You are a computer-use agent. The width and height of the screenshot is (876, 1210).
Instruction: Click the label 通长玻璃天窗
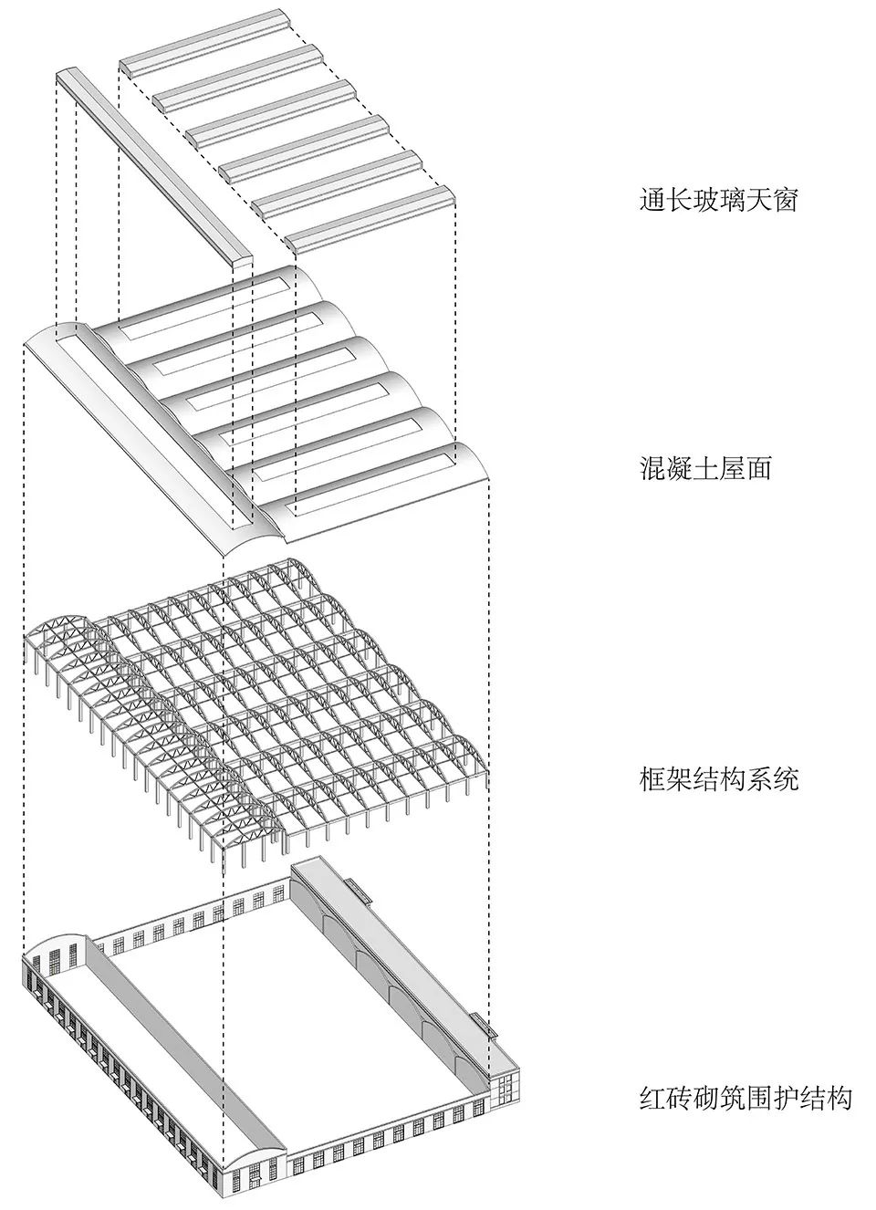pos(718,199)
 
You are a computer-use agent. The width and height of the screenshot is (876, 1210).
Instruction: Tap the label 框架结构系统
pos(718,779)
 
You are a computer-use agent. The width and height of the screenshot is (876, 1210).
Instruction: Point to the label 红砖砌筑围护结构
pos(745,1097)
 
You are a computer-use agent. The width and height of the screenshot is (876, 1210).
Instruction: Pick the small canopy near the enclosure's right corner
pos(486,1025)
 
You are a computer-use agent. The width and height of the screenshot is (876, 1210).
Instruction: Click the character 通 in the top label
pos(652,199)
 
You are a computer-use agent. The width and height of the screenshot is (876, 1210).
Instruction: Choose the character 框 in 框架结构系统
pos(652,779)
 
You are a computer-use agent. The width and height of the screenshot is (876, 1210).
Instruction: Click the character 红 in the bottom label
pos(652,1097)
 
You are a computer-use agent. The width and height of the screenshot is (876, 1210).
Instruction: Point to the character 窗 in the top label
pos(784,199)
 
